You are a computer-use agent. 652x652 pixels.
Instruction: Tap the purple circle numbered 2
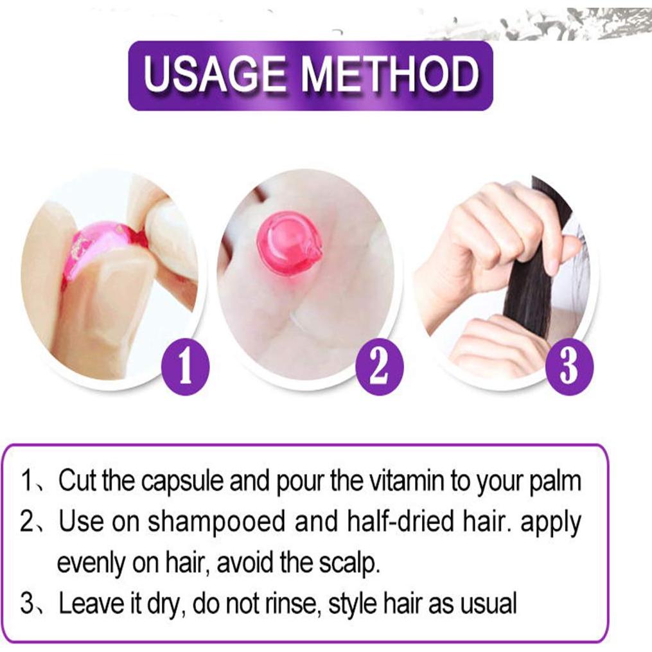coord(379,369)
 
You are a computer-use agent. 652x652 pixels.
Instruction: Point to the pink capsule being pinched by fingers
coord(103,247)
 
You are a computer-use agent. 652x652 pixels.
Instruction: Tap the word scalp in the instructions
coord(350,563)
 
